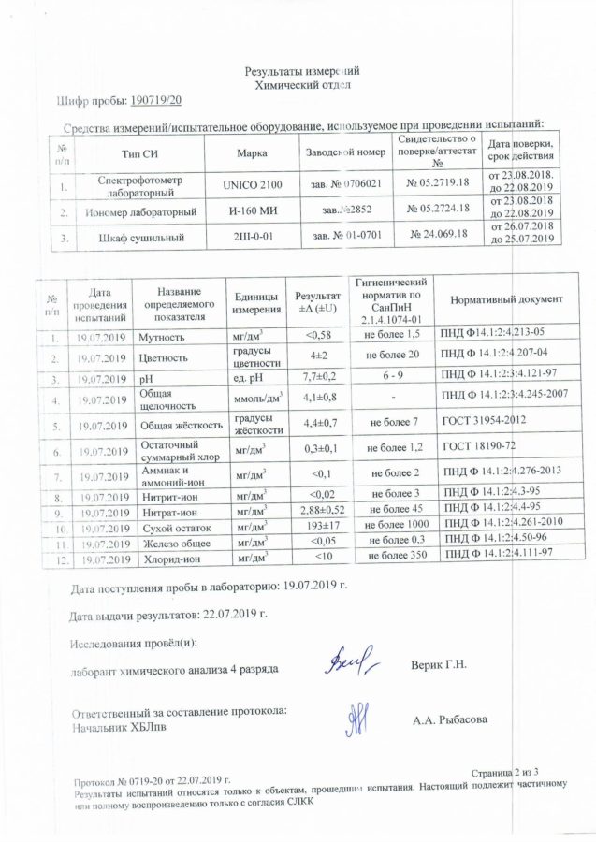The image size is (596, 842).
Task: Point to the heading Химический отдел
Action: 302,84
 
